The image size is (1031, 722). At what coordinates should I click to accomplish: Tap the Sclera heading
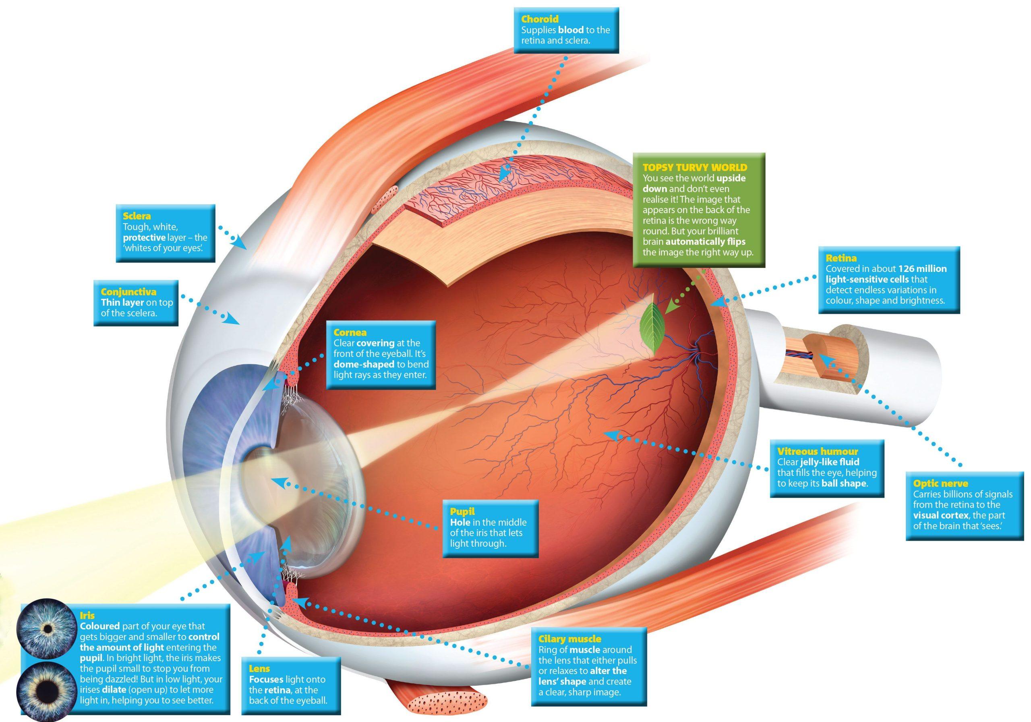point(137,216)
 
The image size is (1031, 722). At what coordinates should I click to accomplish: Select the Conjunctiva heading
point(128,292)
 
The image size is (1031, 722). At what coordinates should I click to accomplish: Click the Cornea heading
point(350,332)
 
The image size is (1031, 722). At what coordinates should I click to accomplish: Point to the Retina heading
point(841,258)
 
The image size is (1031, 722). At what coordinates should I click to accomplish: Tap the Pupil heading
point(462,511)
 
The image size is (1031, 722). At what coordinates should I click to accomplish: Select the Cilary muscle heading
point(569,639)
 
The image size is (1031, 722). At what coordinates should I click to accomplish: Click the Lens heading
point(259,668)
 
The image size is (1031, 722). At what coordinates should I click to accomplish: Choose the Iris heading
point(87,616)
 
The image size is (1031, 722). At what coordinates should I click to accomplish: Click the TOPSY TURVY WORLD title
point(695,167)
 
